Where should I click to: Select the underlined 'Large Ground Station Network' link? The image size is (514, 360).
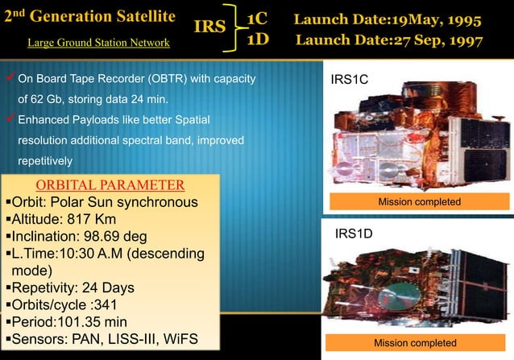pyautogui.click(x=98, y=42)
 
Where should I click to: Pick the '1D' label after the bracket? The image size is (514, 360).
pyautogui.click(x=257, y=40)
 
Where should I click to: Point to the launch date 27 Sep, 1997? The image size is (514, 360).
pyautogui.click(x=389, y=40)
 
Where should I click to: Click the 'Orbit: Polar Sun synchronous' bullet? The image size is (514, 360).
pyautogui.click(x=101, y=201)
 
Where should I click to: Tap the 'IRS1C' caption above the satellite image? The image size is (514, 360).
pyautogui.click(x=351, y=80)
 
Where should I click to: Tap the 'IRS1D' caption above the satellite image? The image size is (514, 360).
pyautogui.click(x=351, y=234)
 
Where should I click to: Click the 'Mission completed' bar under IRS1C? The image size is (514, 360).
pyautogui.click(x=419, y=202)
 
